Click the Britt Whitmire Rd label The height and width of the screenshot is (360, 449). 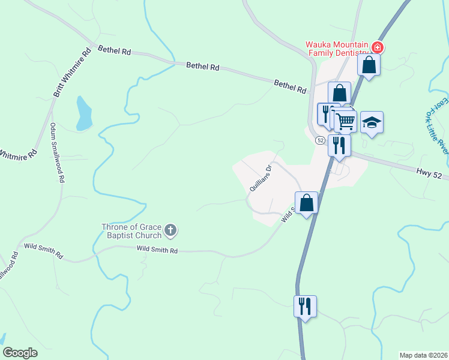click(x=72, y=73)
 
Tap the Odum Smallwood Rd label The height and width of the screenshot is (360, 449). click(x=58, y=153)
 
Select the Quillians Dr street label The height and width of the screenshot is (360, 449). click(x=261, y=178)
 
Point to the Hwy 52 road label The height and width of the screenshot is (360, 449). click(x=429, y=173)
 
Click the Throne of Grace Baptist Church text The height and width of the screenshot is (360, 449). click(x=131, y=230)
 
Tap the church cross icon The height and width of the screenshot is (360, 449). click(x=170, y=229)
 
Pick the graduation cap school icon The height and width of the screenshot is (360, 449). click(x=372, y=122)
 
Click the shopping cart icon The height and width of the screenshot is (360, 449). click(x=345, y=121)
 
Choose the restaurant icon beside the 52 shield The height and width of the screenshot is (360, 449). click(x=339, y=145)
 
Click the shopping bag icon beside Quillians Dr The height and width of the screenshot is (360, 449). click(x=306, y=202)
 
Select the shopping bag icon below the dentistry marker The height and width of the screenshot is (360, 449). click(x=369, y=64)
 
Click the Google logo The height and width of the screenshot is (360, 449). click(x=20, y=352)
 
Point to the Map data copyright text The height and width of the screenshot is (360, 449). click(x=423, y=355)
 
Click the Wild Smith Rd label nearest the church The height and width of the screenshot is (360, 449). click(x=157, y=250)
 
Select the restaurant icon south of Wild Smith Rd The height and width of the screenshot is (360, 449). click(x=305, y=306)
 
